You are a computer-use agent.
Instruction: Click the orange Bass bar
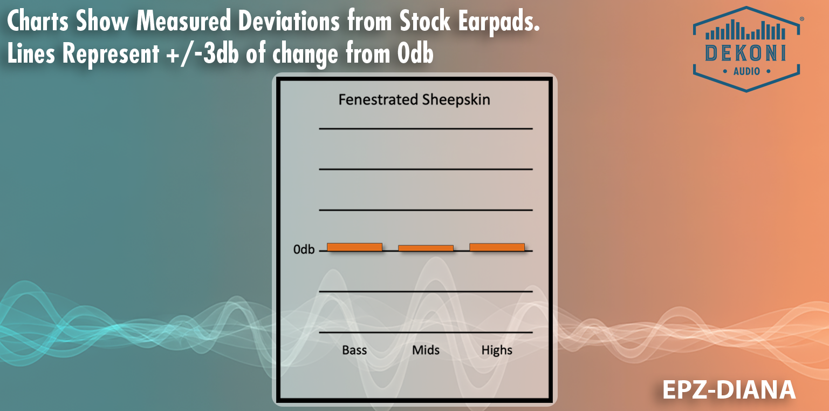click(354, 247)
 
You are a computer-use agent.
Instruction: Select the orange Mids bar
click(426, 248)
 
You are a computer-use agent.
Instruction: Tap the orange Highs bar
click(497, 247)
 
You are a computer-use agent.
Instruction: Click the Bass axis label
click(354, 350)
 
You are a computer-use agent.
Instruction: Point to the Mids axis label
click(426, 350)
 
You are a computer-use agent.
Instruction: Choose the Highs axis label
click(497, 351)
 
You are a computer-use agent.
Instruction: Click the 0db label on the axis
click(304, 250)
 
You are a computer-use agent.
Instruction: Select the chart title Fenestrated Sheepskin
click(414, 100)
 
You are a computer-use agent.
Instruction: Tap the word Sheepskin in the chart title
click(456, 100)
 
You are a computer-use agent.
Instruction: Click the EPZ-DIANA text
click(729, 390)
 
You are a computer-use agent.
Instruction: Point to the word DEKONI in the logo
click(746, 53)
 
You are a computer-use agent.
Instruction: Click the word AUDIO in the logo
click(746, 71)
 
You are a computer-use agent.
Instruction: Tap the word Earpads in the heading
click(499, 21)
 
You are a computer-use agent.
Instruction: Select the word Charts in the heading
click(38, 20)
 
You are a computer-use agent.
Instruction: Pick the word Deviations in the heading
click(289, 20)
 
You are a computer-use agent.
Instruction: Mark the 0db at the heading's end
click(415, 53)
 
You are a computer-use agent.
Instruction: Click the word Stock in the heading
click(425, 20)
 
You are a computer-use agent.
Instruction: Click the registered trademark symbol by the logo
click(801, 18)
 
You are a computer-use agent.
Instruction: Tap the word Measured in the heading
click(183, 20)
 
